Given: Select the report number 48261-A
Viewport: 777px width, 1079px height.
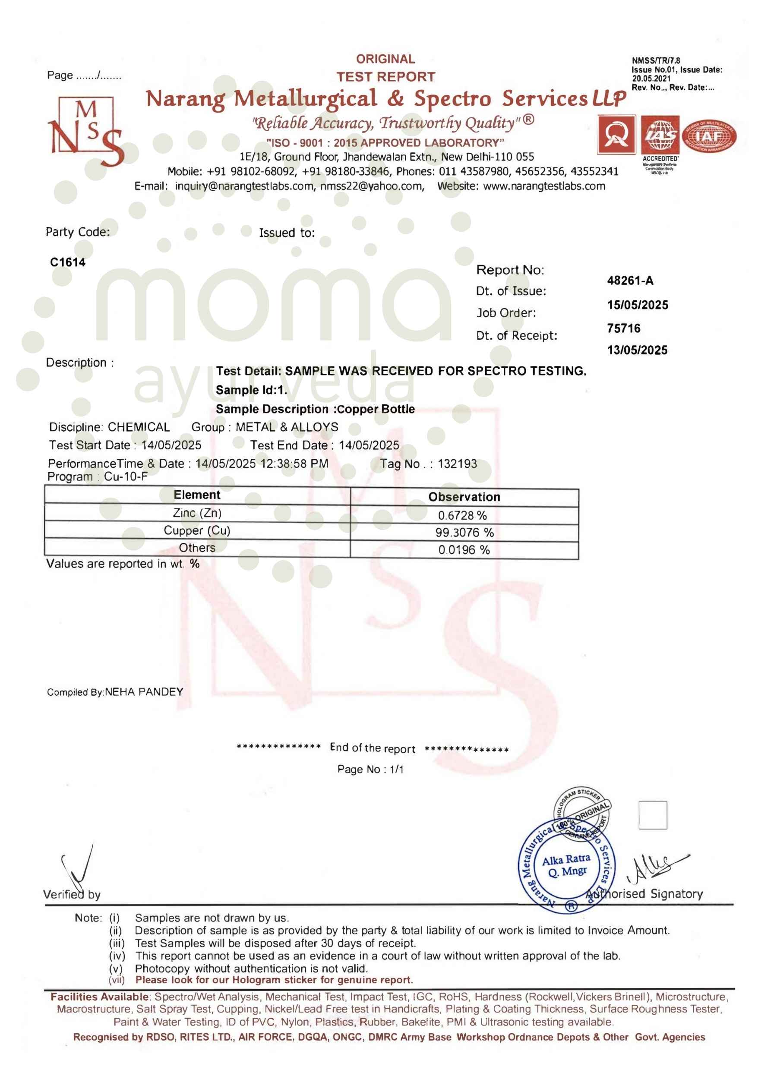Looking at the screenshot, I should [629, 281].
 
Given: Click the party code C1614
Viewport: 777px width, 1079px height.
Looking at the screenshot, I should [68, 262].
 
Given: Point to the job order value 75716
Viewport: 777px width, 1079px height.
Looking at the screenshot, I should [623, 328].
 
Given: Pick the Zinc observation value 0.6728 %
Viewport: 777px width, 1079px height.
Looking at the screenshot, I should [462, 515].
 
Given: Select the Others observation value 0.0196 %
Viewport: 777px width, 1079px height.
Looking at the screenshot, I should [464, 550].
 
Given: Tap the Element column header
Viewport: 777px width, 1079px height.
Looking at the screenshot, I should [196, 495].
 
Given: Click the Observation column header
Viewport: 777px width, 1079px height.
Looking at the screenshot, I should [464, 497].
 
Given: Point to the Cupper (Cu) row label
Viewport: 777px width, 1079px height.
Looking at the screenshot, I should [196, 530].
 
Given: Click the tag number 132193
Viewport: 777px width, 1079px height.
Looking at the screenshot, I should [457, 464].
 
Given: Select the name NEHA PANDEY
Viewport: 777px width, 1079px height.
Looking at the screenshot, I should [144, 692].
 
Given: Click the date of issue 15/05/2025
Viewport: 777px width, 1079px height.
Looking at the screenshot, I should [637, 305].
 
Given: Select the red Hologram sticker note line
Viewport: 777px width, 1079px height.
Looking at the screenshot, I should [274, 980].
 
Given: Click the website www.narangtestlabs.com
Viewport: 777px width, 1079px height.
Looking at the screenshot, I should [544, 186].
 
